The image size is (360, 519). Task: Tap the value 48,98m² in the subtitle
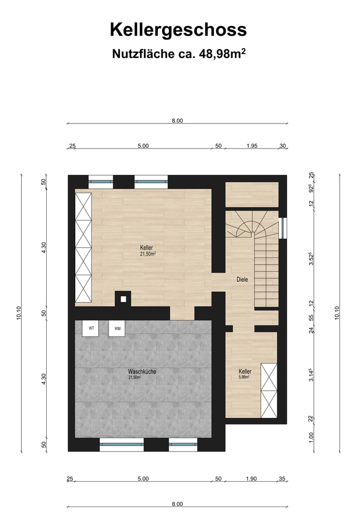pyautogui.click(x=222, y=53)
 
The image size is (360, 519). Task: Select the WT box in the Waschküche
pyautogui.click(x=91, y=329)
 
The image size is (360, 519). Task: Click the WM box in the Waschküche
pyautogui.click(x=117, y=329)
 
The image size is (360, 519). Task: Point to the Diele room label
pyautogui.click(x=242, y=279)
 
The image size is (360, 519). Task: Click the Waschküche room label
pyautogui.click(x=142, y=372)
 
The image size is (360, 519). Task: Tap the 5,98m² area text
pyautogui.click(x=244, y=377)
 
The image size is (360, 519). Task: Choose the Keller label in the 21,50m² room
pyautogui.click(x=146, y=248)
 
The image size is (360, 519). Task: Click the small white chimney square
pyautogui.click(x=123, y=299)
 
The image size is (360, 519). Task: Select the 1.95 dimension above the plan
pyautogui.click(x=252, y=146)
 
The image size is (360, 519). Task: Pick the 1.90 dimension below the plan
pyautogui.click(x=251, y=479)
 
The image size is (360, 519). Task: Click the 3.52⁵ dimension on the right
pyautogui.click(x=311, y=258)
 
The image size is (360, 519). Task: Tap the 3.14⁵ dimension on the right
pyautogui.click(x=311, y=375)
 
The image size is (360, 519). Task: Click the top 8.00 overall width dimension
pyautogui.click(x=177, y=120)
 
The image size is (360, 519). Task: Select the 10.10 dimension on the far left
pyautogui.click(x=19, y=313)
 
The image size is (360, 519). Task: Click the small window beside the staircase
pyautogui.click(x=282, y=228)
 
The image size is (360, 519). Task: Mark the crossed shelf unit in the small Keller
pyautogui.click(x=269, y=391)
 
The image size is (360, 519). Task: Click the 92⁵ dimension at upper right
pyautogui.click(x=311, y=188)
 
